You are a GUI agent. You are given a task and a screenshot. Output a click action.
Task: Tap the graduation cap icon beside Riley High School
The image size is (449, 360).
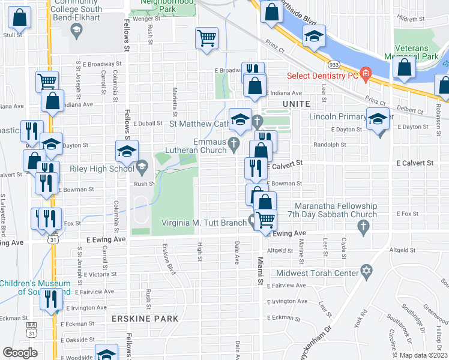[127, 152]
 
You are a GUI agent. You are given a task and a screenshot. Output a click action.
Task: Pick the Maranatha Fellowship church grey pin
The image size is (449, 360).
[362, 227]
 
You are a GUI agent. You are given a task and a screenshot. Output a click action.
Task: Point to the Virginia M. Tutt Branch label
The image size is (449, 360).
[205, 223]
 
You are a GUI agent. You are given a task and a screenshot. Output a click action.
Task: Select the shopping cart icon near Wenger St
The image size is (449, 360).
[206, 38]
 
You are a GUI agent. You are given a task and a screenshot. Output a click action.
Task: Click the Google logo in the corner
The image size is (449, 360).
[20, 353]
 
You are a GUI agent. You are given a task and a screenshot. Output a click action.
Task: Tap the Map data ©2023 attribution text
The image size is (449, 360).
[423, 355]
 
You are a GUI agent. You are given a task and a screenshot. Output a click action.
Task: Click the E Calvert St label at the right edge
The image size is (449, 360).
[414, 163]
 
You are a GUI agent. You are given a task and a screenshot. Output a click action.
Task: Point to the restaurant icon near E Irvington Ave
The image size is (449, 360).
[52, 298]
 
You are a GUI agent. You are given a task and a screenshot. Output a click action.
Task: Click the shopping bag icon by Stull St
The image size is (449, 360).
[19, 19]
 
